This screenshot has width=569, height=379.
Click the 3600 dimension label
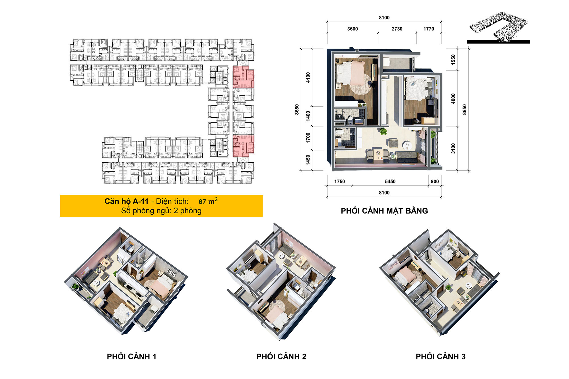(352, 29)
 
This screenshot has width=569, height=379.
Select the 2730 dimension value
(397, 29)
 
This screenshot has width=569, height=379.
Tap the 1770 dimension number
(428, 29)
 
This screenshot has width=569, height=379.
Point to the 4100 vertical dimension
(308, 77)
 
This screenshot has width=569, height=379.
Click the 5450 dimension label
(390, 181)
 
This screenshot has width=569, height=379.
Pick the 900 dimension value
(434, 181)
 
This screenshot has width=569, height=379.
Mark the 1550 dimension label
(453, 59)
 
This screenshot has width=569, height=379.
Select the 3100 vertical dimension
(453, 148)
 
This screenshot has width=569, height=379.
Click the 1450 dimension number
(308, 160)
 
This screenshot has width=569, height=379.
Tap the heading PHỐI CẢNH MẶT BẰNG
(384, 211)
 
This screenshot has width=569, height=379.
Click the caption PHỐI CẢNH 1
(131, 357)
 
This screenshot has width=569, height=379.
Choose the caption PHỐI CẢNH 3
(440, 357)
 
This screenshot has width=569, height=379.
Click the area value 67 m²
(208, 202)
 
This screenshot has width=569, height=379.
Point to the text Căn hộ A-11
(126, 202)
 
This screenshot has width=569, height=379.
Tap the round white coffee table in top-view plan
(407, 145)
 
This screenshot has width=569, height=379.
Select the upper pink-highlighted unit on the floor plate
(243, 77)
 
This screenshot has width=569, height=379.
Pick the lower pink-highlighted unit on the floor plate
(243, 146)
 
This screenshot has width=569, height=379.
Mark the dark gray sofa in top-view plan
(407, 156)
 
